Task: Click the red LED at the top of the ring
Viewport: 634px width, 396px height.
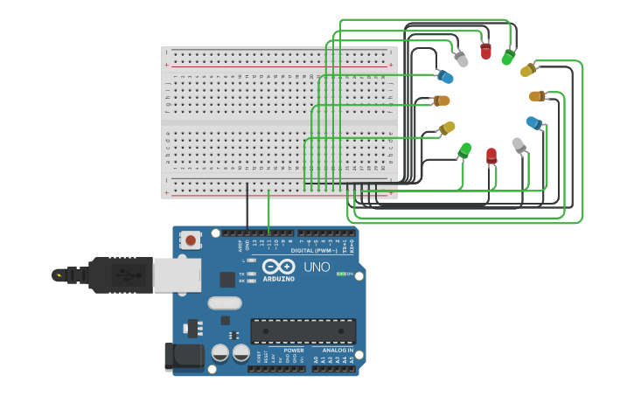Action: [x=485, y=51]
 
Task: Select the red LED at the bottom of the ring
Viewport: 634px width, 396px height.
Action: [x=491, y=156]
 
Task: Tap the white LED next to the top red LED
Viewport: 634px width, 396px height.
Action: [x=461, y=59]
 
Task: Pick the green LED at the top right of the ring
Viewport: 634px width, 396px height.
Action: [x=508, y=57]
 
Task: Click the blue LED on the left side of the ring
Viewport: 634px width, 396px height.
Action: [x=445, y=78]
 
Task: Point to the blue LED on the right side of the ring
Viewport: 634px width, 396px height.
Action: [x=533, y=122]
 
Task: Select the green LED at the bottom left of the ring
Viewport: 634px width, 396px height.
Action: [x=464, y=150]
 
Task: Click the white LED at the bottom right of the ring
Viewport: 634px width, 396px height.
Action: [x=519, y=144]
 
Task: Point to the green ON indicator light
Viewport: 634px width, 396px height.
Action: [x=341, y=274]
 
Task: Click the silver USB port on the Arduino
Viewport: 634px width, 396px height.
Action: [x=178, y=274]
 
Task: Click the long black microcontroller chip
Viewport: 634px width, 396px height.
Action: [x=303, y=331]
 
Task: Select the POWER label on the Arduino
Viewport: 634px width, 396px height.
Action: [x=294, y=351]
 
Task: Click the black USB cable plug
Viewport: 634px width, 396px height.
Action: [x=118, y=274]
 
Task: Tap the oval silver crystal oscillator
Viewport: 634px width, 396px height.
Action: [x=225, y=303]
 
